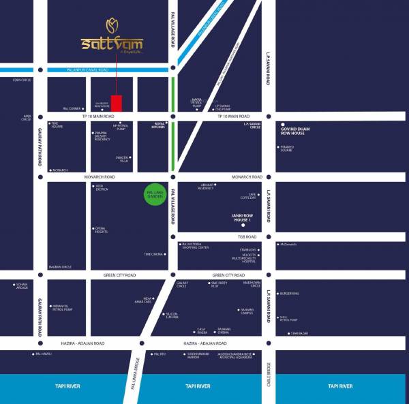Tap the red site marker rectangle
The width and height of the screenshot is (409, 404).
tap(117, 104)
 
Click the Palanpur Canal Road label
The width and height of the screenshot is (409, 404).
tap(89, 69)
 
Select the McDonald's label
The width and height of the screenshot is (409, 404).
tap(290, 244)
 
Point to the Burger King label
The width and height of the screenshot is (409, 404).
tap(290, 294)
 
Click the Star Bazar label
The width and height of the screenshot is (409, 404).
tap(301, 333)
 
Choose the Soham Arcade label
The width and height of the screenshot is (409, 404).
tap(22, 285)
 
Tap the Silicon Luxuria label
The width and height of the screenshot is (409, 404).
tap(172, 315)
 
